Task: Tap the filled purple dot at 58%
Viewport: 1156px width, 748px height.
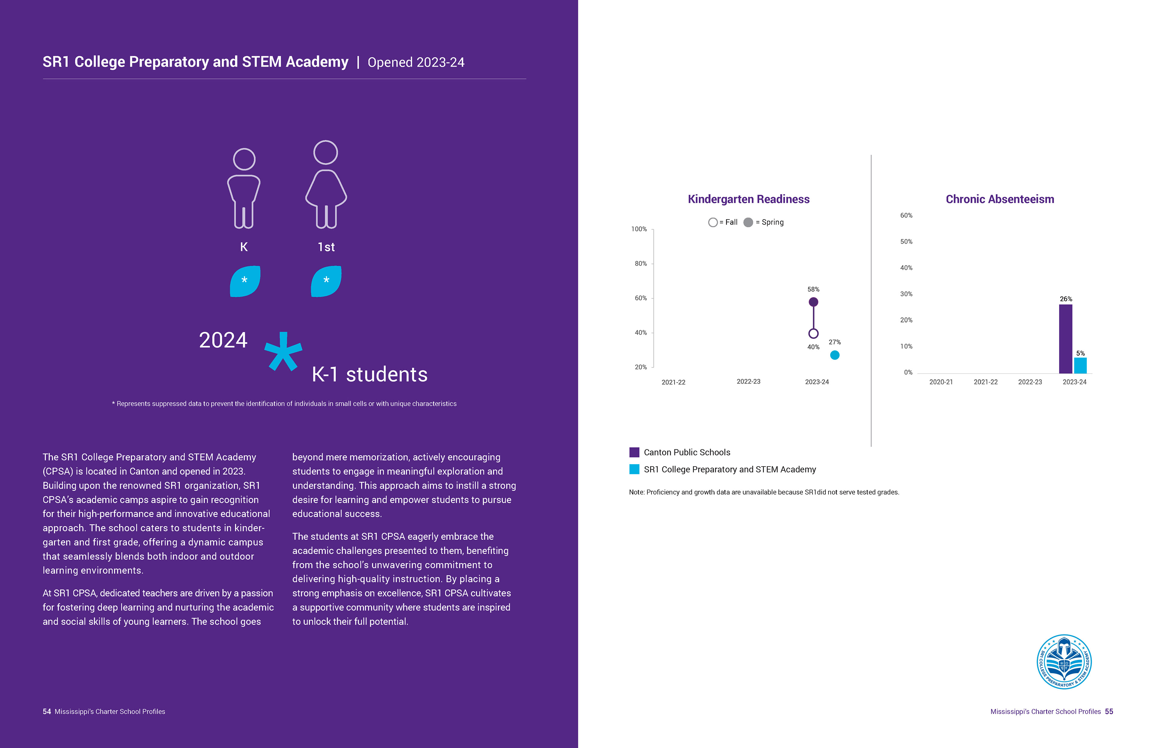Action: (x=813, y=302)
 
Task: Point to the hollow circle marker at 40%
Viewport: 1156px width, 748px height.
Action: (x=813, y=333)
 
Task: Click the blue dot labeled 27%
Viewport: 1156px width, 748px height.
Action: (x=834, y=355)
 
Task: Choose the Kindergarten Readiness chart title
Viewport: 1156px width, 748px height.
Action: (x=748, y=199)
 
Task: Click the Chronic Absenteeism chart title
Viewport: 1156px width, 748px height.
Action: (x=999, y=199)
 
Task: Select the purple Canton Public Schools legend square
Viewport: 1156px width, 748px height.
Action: (x=634, y=452)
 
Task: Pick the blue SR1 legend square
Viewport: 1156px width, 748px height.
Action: (x=634, y=469)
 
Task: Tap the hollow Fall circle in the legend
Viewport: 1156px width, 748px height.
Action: (x=713, y=222)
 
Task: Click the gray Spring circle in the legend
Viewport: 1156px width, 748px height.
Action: (x=748, y=222)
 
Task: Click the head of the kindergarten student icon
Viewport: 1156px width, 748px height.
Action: (x=244, y=159)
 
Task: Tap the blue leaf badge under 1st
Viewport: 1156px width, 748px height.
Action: (x=326, y=281)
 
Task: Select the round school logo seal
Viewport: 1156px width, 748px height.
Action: (x=1064, y=662)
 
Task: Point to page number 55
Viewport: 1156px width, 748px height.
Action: (x=1109, y=712)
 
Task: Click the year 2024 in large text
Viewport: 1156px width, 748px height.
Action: (x=223, y=340)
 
